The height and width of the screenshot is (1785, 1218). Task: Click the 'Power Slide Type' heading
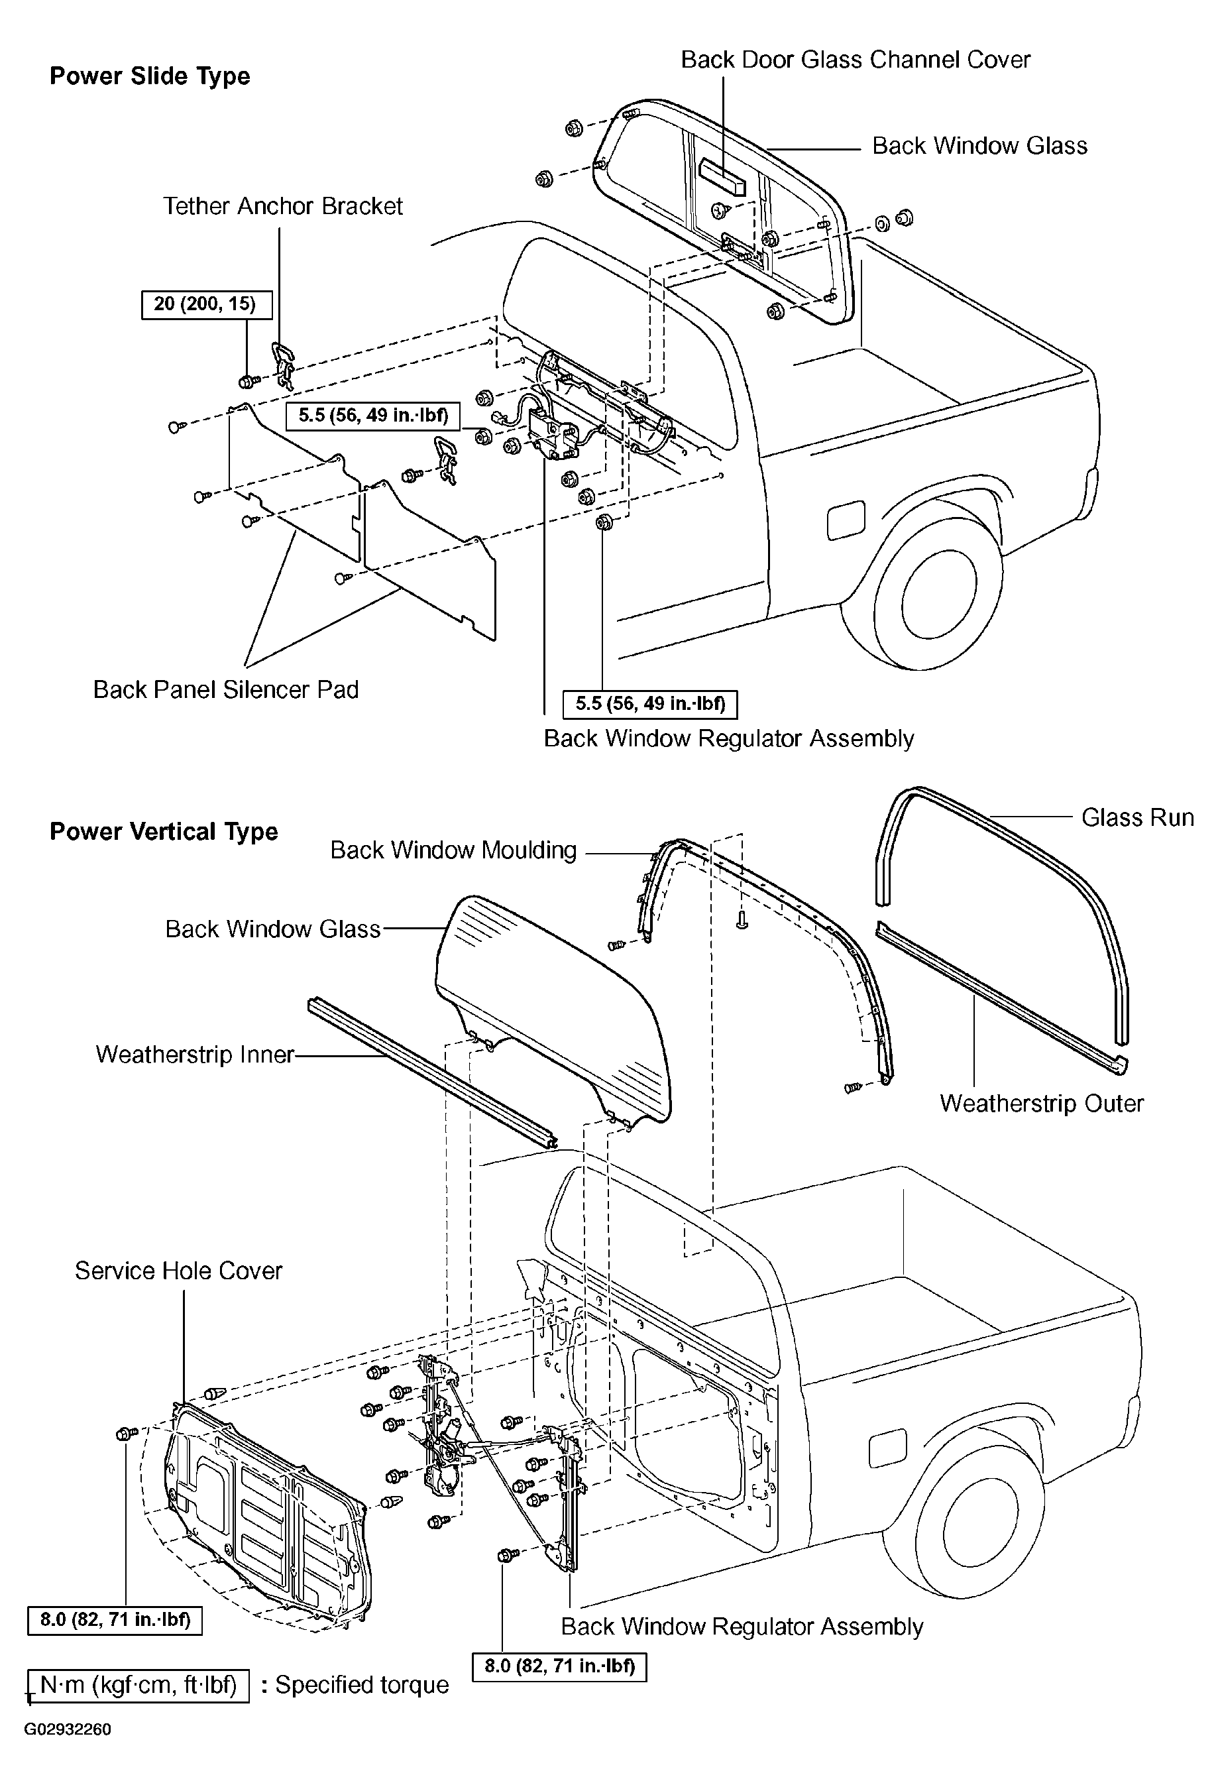pyautogui.click(x=150, y=77)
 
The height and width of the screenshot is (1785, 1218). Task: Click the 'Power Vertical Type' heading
pyautogui.click(x=164, y=832)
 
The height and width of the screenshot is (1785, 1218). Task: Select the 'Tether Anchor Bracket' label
pyautogui.click(x=282, y=206)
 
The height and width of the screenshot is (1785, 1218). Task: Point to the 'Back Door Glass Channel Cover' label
pyautogui.click(x=856, y=60)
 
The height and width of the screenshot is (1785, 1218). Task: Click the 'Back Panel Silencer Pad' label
pyautogui.click(x=226, y=690)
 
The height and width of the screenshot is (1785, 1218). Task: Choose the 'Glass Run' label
pyautogui.click(x=1137, y=817)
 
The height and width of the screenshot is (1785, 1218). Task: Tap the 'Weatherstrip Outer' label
pyautogui.click(x=1041, y=1104)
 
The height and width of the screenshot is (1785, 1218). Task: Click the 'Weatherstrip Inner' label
pyautogui.click(x=195, y=1055)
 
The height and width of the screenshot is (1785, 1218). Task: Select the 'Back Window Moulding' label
pyautogui.click(x=453, y=850)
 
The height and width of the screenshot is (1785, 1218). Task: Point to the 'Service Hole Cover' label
pyautogui.click(x=178, y=1271)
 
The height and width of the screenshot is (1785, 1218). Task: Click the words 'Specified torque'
pyautogui.click(x=362, y=1685)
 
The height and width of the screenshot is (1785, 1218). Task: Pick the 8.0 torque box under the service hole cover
pyautogui.click(x=115, y=1620)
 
